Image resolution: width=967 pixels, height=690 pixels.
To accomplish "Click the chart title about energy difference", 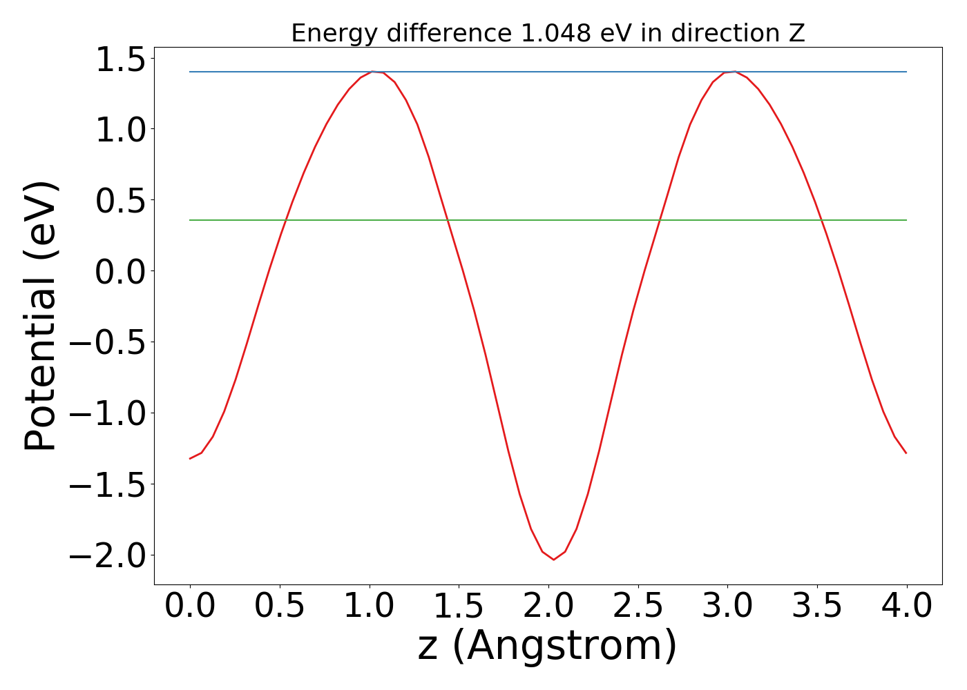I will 548,33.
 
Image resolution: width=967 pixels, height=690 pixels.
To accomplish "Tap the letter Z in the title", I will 797,33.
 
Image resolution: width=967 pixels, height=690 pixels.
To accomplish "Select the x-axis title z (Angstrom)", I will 548,647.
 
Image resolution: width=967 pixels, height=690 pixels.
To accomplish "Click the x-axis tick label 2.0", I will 548,607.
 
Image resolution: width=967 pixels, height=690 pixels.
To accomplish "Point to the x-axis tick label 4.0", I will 907,607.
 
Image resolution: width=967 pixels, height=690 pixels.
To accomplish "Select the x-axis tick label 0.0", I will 190,607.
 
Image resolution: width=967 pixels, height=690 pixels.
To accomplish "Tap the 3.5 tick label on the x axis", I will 817,607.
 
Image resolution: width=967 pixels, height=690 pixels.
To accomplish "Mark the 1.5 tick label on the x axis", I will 459,607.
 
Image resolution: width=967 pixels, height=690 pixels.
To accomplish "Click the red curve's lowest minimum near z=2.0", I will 553,559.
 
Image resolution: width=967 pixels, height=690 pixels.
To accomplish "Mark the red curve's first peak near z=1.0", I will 373,72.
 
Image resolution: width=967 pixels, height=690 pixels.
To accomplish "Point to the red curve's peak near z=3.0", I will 734,72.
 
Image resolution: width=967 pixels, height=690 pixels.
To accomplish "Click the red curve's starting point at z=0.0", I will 190,458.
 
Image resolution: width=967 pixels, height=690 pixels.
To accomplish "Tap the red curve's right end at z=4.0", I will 906,453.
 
